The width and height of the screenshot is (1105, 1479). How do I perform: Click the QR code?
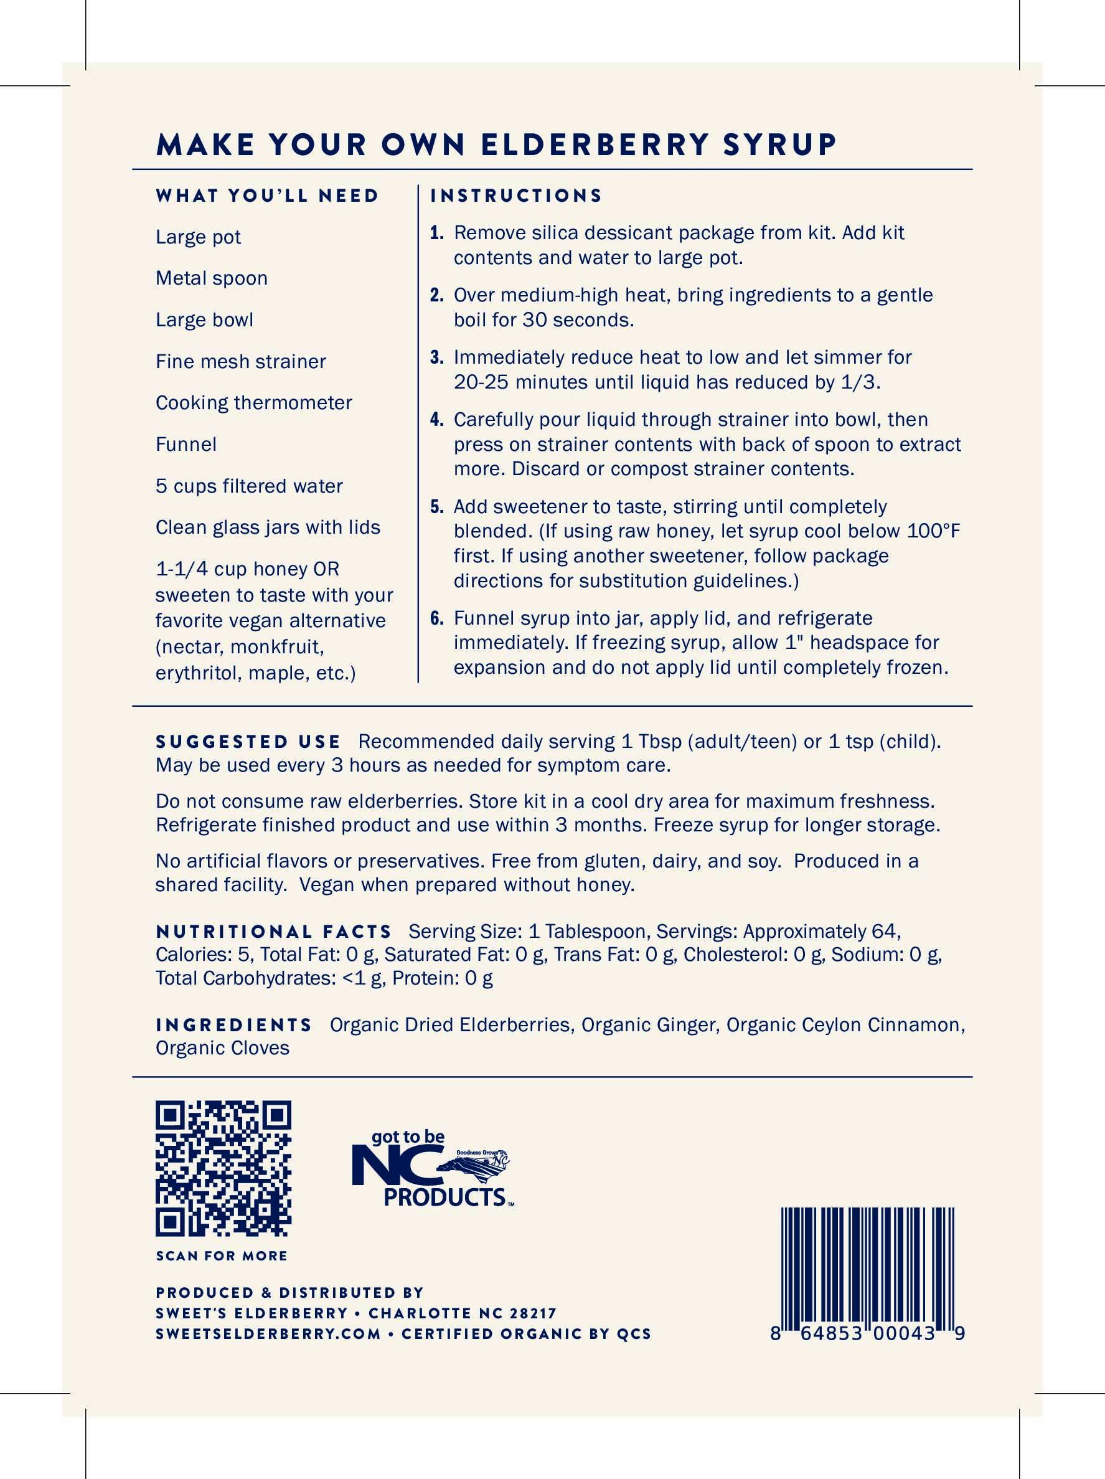click(x=223, y=1168)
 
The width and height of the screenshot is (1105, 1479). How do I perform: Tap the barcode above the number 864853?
click(x=867, y=1267)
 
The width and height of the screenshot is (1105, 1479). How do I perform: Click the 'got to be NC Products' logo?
click(x=433, y=1169)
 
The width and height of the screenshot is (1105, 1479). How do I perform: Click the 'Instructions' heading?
click(x=516, y=196)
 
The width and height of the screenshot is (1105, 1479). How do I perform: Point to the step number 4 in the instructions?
click(x=437, y=420)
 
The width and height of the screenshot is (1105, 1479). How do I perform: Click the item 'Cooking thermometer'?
click(x=254, y=402)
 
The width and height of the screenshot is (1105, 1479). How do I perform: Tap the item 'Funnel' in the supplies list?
click(x=186, y=444)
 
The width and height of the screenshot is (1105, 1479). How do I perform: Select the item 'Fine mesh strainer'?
click(x=241, y=361)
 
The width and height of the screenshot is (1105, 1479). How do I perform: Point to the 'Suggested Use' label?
click(x=248, y=742)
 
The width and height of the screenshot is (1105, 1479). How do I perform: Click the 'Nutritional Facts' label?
click(x=273, y=932)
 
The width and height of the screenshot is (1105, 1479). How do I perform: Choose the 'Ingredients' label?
click(x=234, y=1025)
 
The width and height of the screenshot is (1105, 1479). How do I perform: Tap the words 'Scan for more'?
click(x=221, y=1256)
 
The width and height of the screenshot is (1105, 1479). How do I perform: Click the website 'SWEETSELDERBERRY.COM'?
click(x=268, y=1334)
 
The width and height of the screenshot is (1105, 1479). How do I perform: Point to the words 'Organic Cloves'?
click(x=223, y=1047)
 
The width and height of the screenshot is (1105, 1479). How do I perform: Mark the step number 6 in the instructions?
click(x=437, y=618)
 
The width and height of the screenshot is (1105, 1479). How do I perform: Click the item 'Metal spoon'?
click(x=211, y=278)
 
